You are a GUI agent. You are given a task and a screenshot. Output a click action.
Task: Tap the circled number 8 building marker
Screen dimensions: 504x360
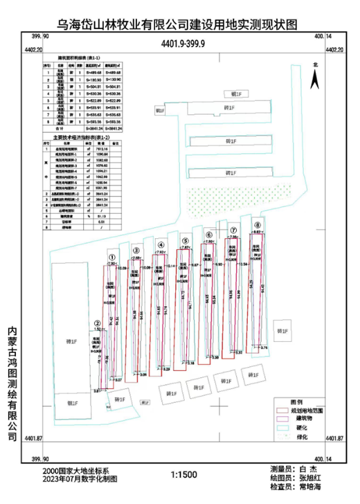[258, 225]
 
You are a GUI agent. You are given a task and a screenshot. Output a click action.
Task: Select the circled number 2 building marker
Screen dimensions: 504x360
[98, 323]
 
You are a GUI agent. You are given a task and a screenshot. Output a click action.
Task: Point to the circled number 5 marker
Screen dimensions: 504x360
[185, 242]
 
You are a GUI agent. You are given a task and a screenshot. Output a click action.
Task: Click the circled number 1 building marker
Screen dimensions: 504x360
[111, 259]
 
